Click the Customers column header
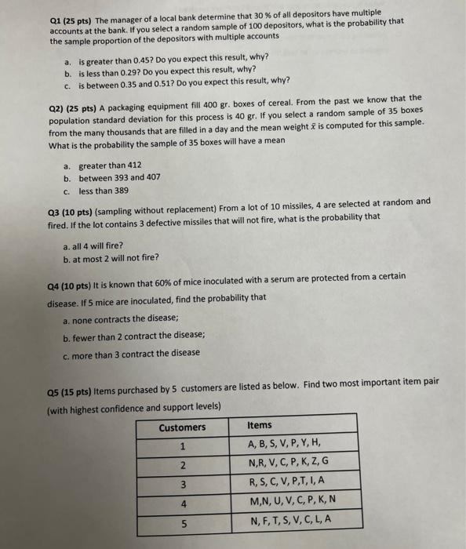[182, 427]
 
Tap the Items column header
[260, 425]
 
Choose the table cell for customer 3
[182, 482]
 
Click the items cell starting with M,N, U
[292, 500]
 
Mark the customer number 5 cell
[182, 521]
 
